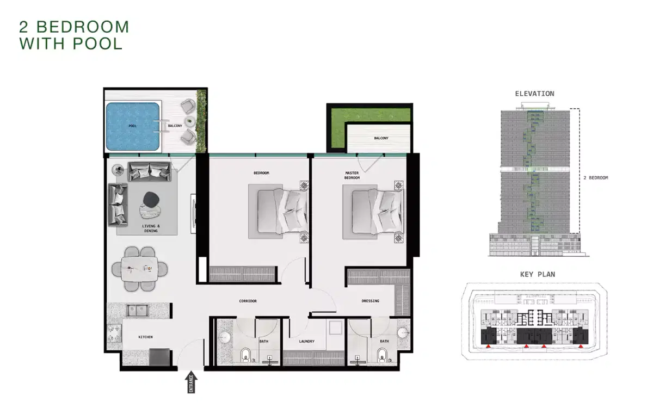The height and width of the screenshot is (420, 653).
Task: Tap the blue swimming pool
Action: (x=133, y=126)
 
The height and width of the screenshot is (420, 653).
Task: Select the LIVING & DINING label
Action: (x=150, y=228)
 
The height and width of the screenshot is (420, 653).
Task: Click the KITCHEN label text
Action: (x=145, y=337)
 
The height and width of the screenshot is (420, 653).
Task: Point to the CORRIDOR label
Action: (x=248, y=301)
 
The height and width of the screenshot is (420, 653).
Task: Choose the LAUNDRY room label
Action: (x=307, y=342)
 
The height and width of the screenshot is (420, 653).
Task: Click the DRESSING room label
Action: (x=371, y=301)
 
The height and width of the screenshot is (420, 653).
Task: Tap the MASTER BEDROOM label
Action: (x=352, y=176)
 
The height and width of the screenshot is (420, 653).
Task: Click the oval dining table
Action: (x=140, y=268)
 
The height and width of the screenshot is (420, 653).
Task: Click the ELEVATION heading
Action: (x=534, y=94)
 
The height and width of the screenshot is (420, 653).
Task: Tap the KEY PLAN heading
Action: (x=534, y=275)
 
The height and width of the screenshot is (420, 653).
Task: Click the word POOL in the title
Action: (x=98, y=44)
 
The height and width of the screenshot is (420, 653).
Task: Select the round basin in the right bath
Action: (x=403, y=333)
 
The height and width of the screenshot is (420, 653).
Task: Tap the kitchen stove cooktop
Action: (x=114, y=333)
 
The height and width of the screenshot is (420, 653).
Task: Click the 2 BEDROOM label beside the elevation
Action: (x=595, y=178)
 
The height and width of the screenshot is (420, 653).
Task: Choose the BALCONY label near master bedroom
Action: (x=381, y=138)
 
